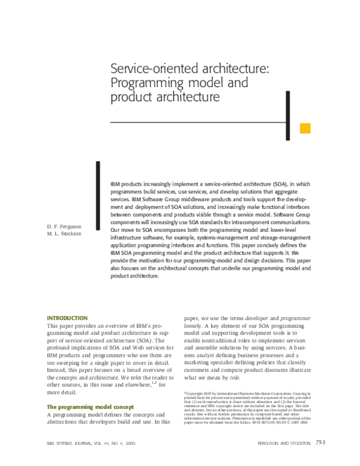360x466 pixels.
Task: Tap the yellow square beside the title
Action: point(305,128)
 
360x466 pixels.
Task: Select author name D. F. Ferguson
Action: point(64,226)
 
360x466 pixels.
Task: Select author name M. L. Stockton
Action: point(64,234)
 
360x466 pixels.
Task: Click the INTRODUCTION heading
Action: point(67,318)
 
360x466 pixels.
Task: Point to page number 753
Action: point(320,443)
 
